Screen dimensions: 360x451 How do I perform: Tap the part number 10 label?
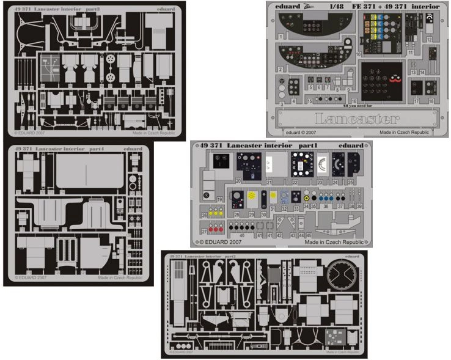[358, 54]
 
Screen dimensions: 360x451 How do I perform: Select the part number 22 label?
[295, 182]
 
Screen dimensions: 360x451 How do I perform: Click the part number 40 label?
[242, 235]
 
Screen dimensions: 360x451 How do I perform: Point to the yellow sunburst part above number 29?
[251, 196]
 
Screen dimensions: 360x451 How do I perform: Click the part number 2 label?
[280, 69]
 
